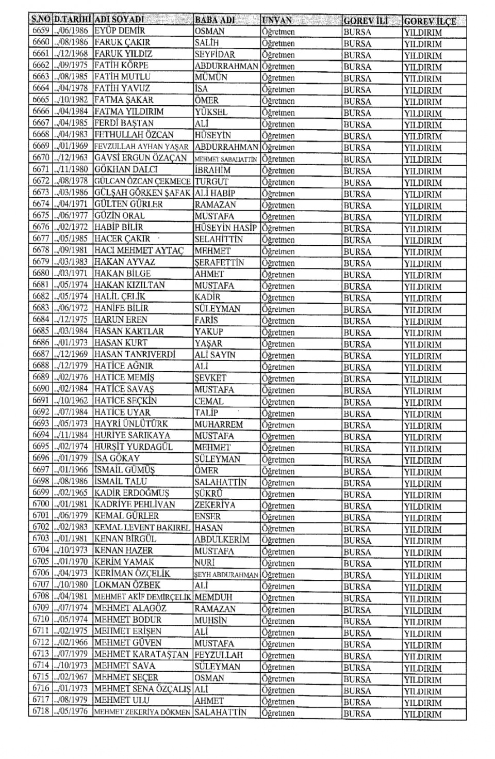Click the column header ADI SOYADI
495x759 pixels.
click(119, 20)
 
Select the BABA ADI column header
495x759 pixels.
click(215, 20)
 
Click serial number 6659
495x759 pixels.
click(41, 31)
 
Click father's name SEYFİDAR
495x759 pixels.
click(215, 54)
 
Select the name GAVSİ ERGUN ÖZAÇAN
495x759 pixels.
click(141, 158)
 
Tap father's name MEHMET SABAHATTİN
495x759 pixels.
click(226, 160)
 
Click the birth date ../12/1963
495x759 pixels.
click(72, 158)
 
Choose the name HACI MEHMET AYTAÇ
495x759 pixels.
click(139, 250)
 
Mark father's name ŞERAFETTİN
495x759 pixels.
click(219, 262)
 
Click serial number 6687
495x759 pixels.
click(41, 354)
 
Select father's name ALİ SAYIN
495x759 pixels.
click(215, 355)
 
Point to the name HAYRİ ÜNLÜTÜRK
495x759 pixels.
click(131, 424)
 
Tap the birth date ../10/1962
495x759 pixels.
click(72, 401)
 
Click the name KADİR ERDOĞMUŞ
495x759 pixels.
click(132, 493)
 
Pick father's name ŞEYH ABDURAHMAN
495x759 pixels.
click(226, 575)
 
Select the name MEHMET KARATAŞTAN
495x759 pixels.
click(142, 655)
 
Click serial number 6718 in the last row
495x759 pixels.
click(41, 711)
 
